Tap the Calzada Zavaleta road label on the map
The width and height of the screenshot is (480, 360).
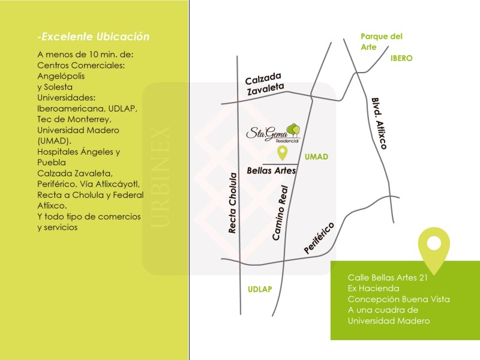click(x=265, y=84)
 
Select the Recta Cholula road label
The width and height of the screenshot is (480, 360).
click(x=233, y=203)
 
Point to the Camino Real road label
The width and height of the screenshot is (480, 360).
click(x=280, y=213)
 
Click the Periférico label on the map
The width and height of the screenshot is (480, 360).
click(x=319, y=238)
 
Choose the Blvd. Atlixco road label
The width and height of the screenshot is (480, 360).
click(x=379, y=124)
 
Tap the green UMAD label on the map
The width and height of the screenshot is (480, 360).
click(x=317, y=157)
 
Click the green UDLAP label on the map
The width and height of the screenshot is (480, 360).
click(x=260, y=289)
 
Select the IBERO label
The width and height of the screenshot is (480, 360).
click(x=401, y=58)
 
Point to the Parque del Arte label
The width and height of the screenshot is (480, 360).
click(x=382, y=41)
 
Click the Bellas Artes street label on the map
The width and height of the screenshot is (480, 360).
click(x=272, y=170)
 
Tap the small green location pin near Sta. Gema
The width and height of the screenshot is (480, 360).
click(x=282, y=153)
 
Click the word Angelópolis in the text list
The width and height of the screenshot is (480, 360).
click(x=61, y=76)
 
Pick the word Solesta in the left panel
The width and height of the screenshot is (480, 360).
click(x=58, y=87)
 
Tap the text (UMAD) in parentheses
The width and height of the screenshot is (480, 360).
click(x=54, y=141)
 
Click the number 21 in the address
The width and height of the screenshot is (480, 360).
click(x=424, y=278)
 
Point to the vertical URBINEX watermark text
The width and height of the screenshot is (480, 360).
click(x=160, y=177)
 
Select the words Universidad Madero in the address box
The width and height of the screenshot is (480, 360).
click(x=389, y=321)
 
